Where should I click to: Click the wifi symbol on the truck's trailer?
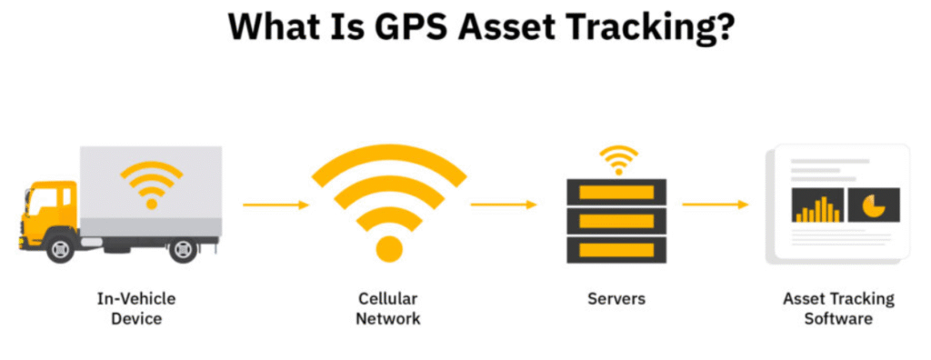point(151,184)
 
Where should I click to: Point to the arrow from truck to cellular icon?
point(276,205)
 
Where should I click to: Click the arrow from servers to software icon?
point(716,205)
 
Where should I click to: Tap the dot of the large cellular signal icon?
point(389,247)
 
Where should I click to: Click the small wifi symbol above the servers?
point(618,160)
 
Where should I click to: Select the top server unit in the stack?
point(617,192)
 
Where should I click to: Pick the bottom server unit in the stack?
point(617,249)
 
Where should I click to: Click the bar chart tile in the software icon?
point(817,206)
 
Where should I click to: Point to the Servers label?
point(617,298)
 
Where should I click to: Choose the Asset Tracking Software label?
point(838,308)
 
